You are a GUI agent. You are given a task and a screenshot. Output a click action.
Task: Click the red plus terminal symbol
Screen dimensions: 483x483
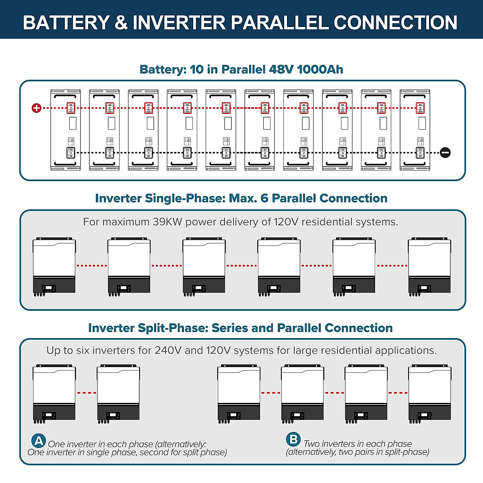[x=37, y=108]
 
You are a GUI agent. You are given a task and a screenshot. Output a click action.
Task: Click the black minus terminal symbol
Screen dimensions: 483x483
[x=445, y=153]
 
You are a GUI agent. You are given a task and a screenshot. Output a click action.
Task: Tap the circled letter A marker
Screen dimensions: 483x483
[x=39, y=440]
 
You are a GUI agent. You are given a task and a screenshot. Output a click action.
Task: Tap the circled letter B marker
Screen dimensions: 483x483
[x=293, y=439]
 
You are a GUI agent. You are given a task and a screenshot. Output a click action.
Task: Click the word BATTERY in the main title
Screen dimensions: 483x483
[x=66, y=23]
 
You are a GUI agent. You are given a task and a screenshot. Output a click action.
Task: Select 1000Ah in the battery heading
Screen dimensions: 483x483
[x=320, y=69]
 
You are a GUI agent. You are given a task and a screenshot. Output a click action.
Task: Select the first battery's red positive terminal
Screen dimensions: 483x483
[x=71, y=108]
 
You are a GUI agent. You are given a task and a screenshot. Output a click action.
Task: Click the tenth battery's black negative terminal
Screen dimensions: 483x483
[x=420, y=153]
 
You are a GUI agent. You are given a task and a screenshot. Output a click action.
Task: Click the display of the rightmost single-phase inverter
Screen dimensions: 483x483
[x=424, y=288]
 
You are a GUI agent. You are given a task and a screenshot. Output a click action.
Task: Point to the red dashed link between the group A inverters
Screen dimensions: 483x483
[x=87, y=392]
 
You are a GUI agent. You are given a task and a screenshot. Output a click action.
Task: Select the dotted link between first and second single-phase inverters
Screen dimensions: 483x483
[x=92, y=266]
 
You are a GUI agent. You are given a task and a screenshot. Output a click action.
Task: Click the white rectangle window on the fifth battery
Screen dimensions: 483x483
[x=228, y=123]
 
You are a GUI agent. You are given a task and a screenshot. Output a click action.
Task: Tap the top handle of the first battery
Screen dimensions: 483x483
[x=66, y=97]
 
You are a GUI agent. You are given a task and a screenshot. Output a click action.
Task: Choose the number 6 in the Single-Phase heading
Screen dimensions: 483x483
[x=264, y=198]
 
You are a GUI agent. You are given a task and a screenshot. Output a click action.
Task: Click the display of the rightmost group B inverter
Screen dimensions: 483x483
[x=424, y=415]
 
